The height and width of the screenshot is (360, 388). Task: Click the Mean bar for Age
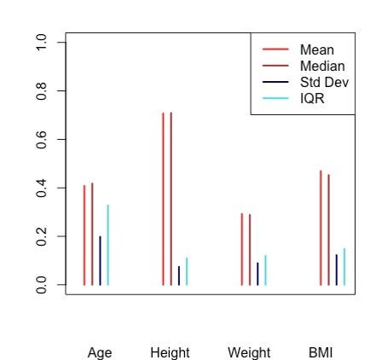tap(84, 235)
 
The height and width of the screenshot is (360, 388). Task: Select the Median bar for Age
tap(92, 234)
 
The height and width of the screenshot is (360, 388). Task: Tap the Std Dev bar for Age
tap(100, 261)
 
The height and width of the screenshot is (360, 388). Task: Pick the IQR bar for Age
tap(108, 245)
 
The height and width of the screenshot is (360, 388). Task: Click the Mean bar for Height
tap(163, 199)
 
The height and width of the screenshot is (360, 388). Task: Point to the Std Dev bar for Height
tap(179, 276)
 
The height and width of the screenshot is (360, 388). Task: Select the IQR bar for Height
tap(187, 271)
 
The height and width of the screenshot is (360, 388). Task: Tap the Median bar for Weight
tap(250, 250)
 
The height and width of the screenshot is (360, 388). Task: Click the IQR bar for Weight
tap(265, 270)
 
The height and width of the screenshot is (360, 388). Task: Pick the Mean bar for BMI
tap(321, 228)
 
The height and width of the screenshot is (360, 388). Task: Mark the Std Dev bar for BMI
tap(337, 270)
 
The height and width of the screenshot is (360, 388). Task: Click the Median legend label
tap(322, 67)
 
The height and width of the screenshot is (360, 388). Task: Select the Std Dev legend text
tap(324, 83)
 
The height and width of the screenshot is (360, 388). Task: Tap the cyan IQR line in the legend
tap(275, 99)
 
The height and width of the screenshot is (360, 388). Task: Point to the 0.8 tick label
tap(42, 91)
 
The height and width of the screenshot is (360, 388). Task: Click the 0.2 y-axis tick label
tap(42, 236)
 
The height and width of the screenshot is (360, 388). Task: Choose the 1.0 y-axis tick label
tap(42, 43)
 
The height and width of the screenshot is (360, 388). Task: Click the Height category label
tap(170, 353)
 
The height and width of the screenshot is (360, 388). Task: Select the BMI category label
tap(321, 352)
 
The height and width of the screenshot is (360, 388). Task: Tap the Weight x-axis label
tap(249, 353)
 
